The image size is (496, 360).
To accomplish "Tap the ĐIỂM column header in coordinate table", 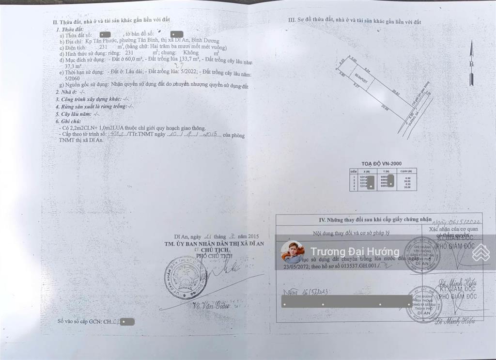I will [x=354, y=171].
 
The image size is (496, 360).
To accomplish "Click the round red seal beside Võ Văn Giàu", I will [x=186, y=278].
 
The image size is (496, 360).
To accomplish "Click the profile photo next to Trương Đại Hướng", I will [x=293, y=252].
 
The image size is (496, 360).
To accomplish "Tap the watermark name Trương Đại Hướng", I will [x=355, y=251].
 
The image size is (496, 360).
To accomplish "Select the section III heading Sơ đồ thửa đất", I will [x=355, y=21].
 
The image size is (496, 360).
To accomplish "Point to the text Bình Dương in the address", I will [x=204, y=41].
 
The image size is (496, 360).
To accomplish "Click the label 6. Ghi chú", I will [x=68, y=121].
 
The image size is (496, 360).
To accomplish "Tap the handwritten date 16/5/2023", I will [x=300, y=292].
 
